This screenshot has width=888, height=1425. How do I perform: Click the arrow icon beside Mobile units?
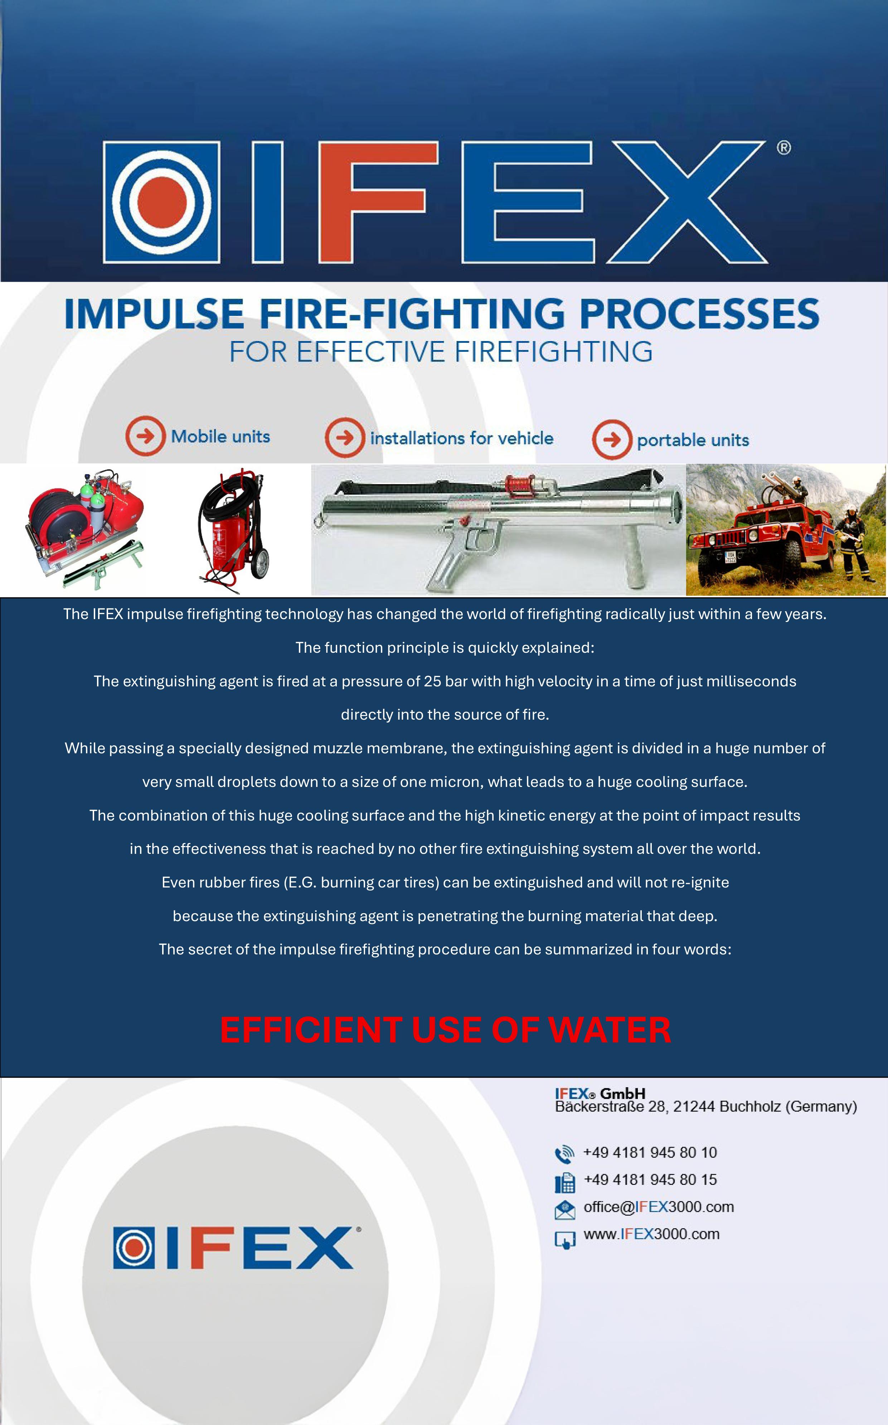145,436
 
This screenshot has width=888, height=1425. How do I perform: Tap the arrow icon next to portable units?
611,439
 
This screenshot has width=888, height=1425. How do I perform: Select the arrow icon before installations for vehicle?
345,437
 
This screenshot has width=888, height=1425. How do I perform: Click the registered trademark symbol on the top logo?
783,147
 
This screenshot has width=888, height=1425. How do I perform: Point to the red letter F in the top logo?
379,201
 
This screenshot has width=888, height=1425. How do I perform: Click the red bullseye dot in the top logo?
161,202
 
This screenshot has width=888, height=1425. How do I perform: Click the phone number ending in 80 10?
650,1153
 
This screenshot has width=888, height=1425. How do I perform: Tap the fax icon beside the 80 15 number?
564,1181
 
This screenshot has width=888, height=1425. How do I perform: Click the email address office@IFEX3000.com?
658,1207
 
